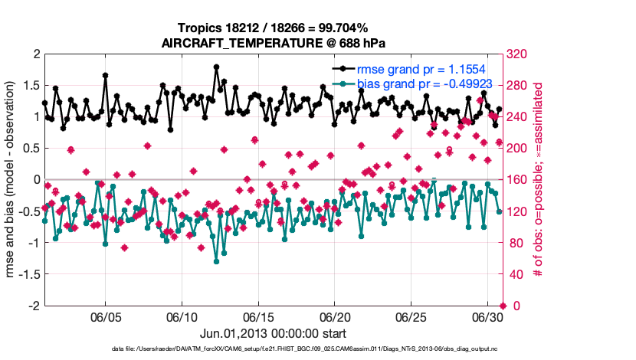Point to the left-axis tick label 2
[36, 54]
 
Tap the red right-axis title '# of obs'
[538, 180]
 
